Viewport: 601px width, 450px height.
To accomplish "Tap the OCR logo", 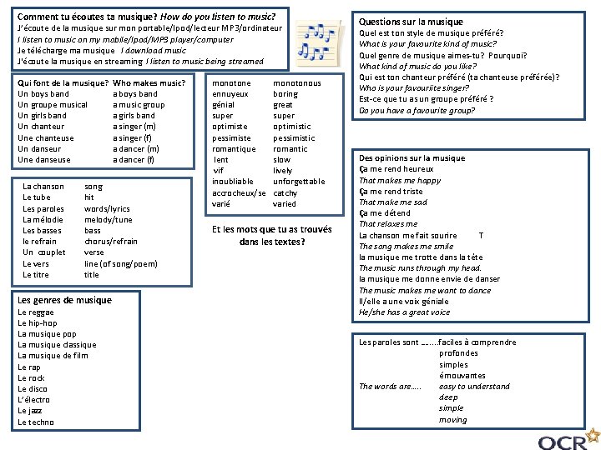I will [568, 439].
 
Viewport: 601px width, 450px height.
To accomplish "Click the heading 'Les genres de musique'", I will [64, 300].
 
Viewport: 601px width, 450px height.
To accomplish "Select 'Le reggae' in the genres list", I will [35, 312].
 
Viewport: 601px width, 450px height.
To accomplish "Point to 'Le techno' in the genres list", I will [36, 422].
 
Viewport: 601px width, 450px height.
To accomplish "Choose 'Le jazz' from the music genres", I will [29, 411].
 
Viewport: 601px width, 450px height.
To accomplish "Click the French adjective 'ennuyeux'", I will [230, 94].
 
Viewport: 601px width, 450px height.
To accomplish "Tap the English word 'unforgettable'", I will [299, 182].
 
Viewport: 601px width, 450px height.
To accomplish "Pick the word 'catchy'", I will [285, 192].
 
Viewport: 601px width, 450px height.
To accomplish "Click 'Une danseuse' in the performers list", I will [44, 160].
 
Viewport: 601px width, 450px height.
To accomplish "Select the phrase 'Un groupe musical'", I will [53, 105].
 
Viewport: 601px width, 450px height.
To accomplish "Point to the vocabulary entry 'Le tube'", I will [37, 197].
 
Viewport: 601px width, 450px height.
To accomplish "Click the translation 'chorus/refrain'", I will [111, 242].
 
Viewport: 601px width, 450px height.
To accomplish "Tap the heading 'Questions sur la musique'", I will [411, 22].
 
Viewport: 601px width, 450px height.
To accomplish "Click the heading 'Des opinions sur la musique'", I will [412, 158].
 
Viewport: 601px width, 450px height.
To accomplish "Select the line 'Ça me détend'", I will [385, 213].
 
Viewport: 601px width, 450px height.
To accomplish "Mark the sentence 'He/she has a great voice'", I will [404, 312].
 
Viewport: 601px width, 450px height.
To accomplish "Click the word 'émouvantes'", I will [462, 376].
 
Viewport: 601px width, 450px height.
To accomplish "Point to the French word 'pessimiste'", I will [231, 138].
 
